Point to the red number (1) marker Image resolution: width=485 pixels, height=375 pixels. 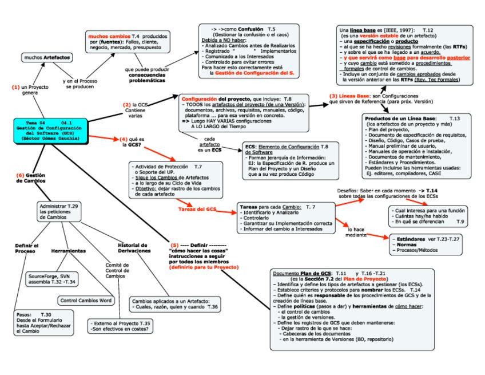point(15,87)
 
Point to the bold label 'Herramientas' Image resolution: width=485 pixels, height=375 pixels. point(69,251)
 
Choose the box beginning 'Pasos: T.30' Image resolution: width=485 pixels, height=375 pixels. point(45,323)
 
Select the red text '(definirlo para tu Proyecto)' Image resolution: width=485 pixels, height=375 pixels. point(205,267)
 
